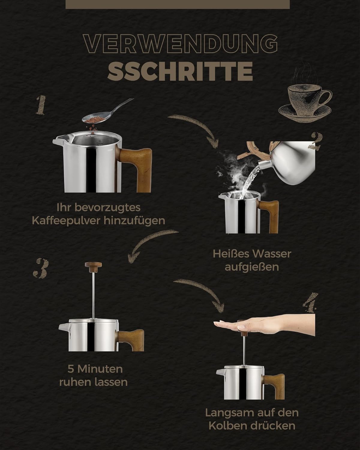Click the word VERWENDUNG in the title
[x=181, y=44]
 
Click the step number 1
[x=41, y=105]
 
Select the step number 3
[x=41, y=268]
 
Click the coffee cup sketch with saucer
[x=305, y=100]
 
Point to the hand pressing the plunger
[x=264, y=325]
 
